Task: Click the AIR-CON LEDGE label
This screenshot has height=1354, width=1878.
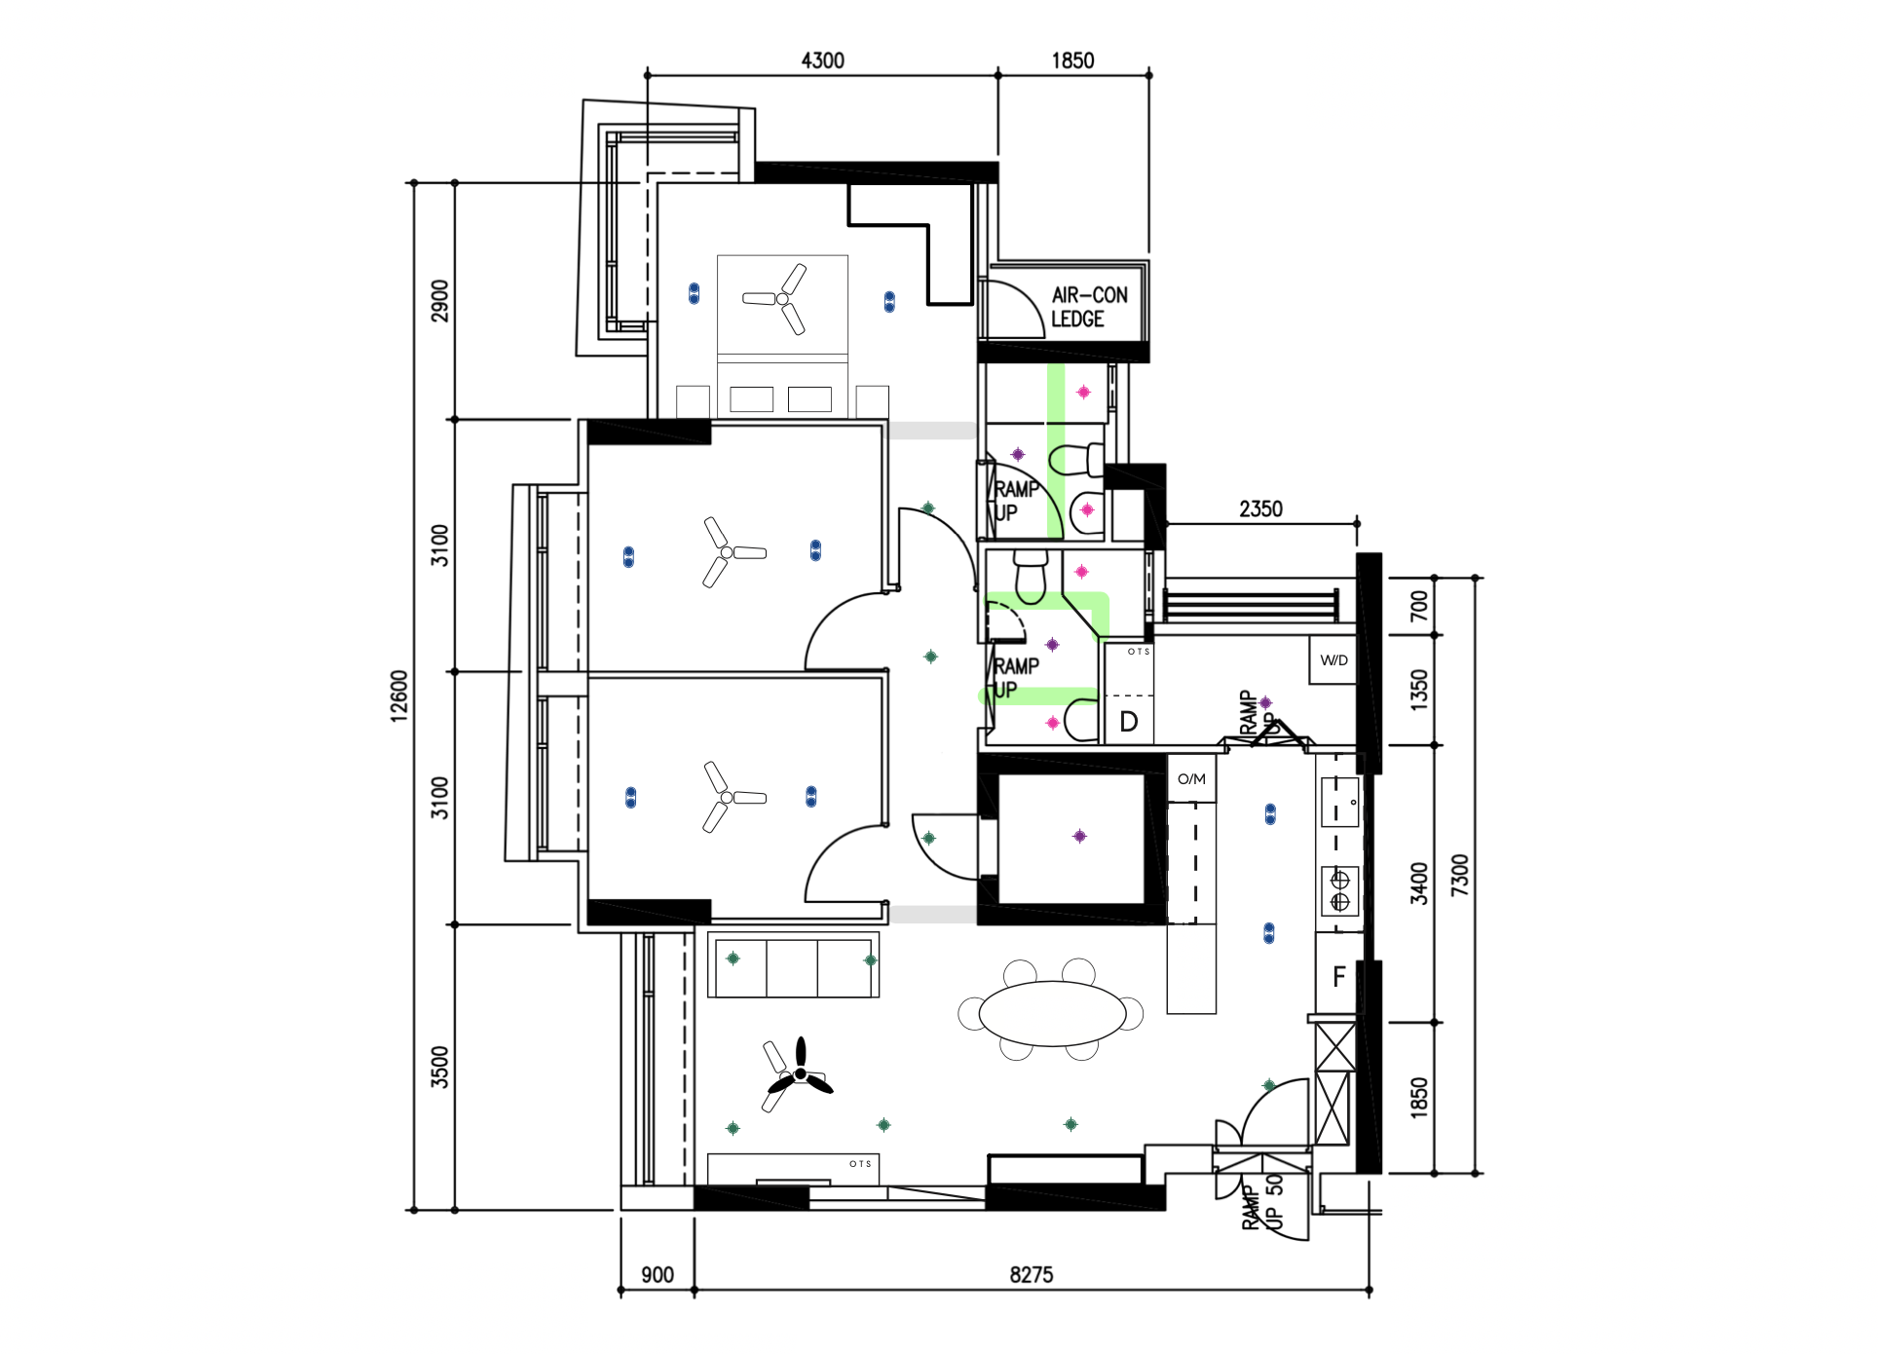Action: pos(1088,307)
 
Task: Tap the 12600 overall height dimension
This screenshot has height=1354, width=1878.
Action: pos(398,696)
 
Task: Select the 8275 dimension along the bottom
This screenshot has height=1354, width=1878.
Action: pos(1031,1274)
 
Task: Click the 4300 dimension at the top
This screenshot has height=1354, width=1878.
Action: pos(822,60)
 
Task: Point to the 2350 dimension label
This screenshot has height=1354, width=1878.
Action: pos(1260,508)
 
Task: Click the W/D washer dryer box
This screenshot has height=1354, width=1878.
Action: pos(1333,660)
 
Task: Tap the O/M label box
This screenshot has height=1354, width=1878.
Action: pos(1191,779)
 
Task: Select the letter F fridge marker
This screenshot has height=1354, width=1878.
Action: pos(1338,976)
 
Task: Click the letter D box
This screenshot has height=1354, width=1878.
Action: pos(1128,722)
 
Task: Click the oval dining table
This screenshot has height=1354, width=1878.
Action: pos(1052,1013)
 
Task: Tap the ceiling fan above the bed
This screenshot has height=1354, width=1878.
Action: pos(782,298)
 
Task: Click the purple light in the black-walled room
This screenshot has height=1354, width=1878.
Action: pos(1079,836)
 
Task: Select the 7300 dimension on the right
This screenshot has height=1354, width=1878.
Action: pos(1458,875)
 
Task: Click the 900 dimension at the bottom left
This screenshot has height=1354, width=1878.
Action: pos(657,1274)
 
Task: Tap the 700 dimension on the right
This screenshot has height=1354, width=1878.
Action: pos(1419,606)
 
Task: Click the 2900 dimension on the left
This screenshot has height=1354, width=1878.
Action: pos(440,300)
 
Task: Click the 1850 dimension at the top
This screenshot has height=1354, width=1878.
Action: pos(1072,60)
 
